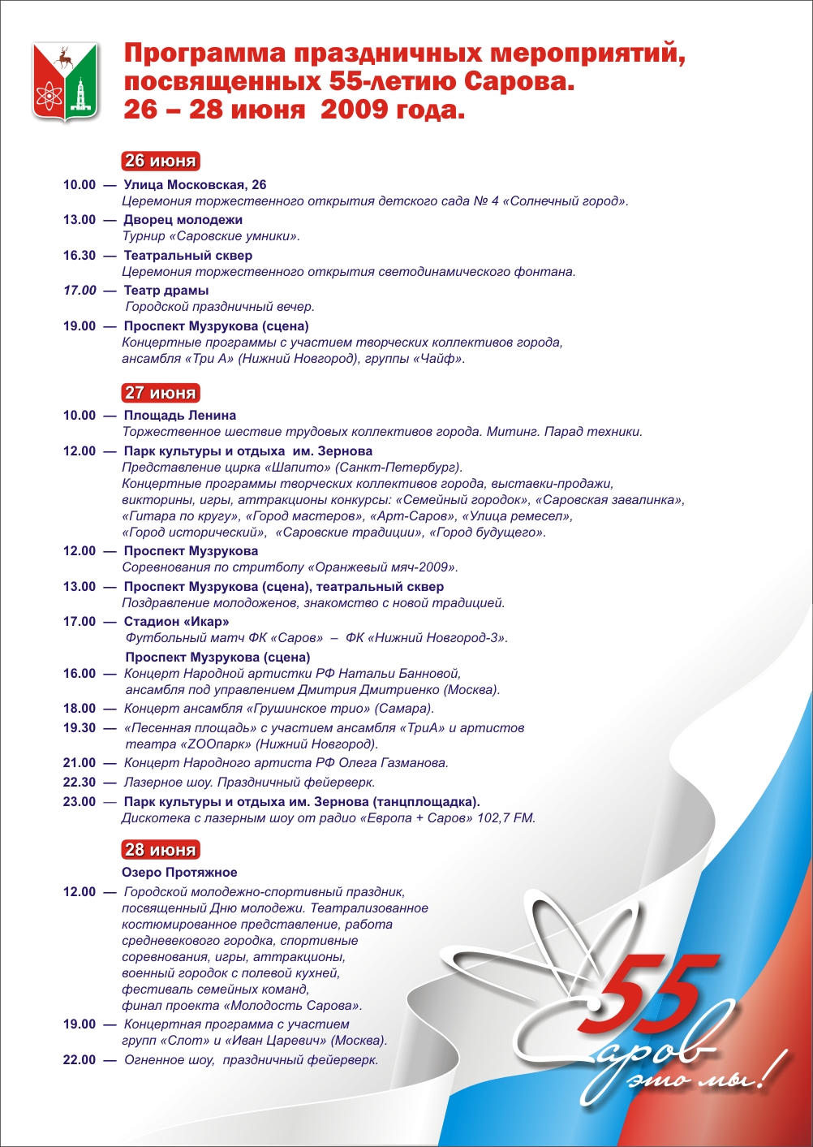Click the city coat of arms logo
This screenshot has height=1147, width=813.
pos(65,82)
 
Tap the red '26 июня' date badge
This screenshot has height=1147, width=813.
pos(160,161)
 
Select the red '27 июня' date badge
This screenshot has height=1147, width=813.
pos(160,393)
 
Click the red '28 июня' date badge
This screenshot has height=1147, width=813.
pos(160,850)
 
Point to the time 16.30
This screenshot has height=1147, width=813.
pos(80,256)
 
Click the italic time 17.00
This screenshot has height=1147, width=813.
pos(80,291)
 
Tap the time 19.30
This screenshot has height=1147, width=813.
pos(80,728)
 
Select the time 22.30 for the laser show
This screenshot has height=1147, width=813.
pos(80,783)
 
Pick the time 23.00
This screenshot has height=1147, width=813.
pos(80,802)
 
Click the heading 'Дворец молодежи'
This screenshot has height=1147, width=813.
pos(183,220)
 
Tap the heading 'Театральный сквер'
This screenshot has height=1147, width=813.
pos(187,256)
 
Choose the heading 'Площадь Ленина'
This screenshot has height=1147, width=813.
pos(179,416)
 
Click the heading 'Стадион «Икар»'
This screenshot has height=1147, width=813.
pos(176,622)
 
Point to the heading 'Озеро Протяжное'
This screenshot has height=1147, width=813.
pos(179,873)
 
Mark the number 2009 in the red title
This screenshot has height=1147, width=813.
pos(353,110)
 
